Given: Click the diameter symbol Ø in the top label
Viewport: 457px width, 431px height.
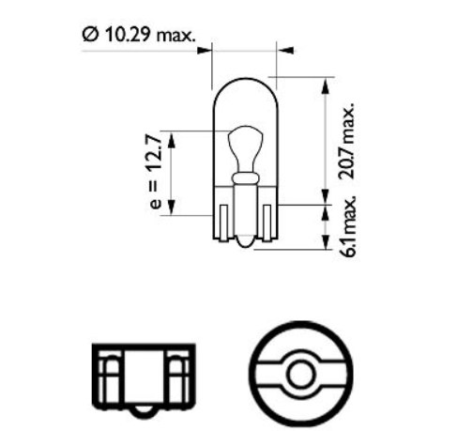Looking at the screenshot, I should coord(90,37).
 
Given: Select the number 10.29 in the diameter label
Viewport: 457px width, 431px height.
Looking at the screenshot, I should coord(126,37).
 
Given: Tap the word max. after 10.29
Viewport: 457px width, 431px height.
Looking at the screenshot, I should coord(175,37).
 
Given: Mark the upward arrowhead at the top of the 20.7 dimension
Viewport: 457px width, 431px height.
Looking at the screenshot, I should coord(325,85).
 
